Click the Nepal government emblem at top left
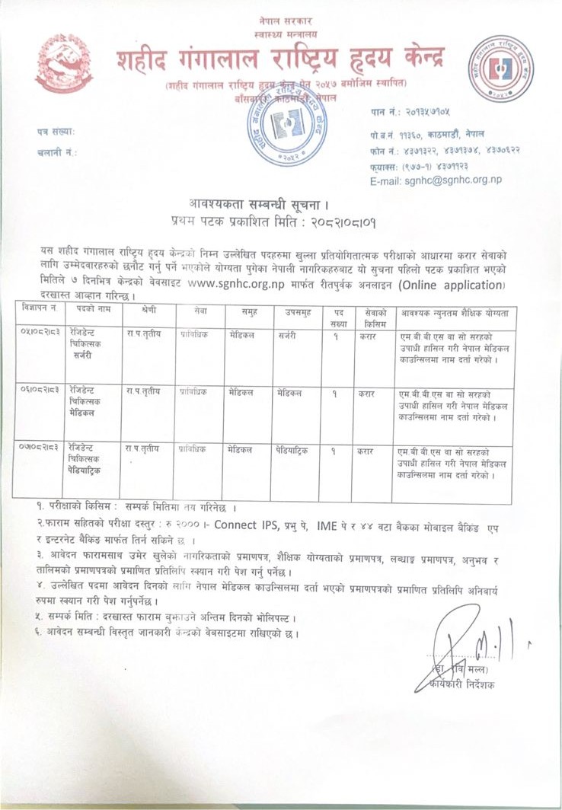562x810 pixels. point(65,64)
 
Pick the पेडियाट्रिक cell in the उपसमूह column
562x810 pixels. point(294,450)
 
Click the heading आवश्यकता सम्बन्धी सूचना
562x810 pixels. point(258,203)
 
